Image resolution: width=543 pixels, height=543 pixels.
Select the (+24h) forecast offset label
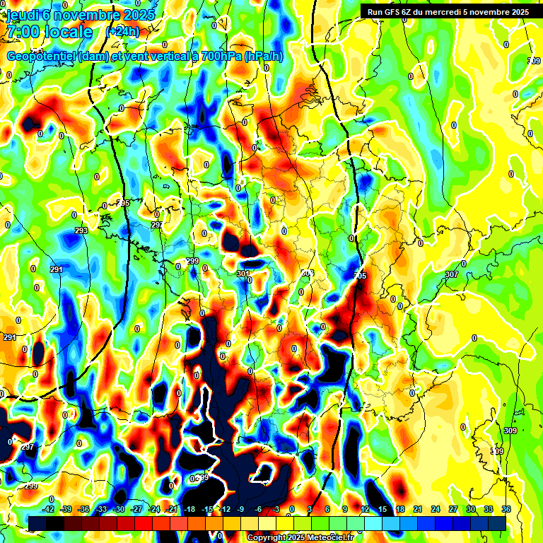pos(122,32)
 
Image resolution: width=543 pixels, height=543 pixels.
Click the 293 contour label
pos(81,230)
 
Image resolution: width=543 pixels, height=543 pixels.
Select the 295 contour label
pos(123,203)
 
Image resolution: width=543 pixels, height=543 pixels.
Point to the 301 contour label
pos(243,274)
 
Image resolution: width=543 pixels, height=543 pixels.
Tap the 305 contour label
pos(360,275)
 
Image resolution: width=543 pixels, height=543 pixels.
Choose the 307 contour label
pos(452,274)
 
